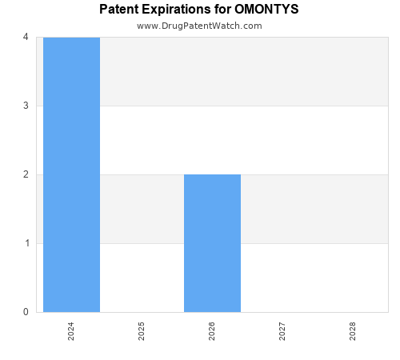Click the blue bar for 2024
(x=71, y=174)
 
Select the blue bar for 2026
(x=212, y=243)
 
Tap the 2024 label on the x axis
(x=71, y=332)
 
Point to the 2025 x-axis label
(x=142, y=332)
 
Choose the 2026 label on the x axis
(x=212, y=332)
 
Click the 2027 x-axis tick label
(x=282, y=332)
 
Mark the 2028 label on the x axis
(x=353, y=332)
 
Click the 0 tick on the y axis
(x=26, y=312)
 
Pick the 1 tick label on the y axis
(x=26, y=243)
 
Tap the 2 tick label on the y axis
(x=26, y=174)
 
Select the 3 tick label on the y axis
(x=26, y=106)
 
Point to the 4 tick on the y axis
(x=26, y=37)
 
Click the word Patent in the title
(x=118, y=10)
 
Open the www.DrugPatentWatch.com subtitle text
(x=199, y=26)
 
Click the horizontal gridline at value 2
(x=312, y=174)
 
